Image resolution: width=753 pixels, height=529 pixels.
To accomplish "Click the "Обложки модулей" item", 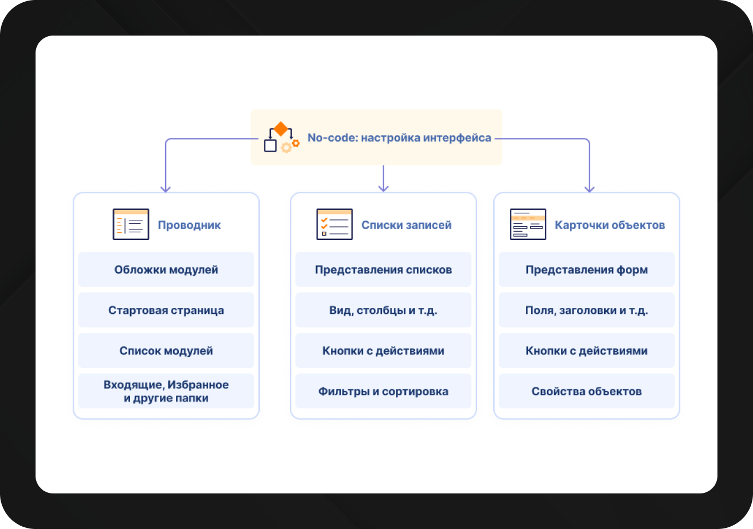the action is pos(166,270).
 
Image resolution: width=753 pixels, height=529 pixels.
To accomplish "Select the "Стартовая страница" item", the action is pos(166,310).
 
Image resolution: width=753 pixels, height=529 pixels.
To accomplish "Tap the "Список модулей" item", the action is pos(166,351).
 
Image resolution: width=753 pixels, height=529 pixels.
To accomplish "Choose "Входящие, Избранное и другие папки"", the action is pos(166,391).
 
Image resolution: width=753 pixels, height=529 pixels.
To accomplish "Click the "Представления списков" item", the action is pos(383,270).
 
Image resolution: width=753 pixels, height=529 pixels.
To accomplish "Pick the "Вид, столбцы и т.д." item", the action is pos(383,310).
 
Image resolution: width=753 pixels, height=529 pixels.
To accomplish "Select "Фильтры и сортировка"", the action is pos(383,391).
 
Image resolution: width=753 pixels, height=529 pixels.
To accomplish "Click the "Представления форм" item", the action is pos(586,270).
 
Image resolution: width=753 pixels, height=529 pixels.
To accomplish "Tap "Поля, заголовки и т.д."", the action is pos(586,310).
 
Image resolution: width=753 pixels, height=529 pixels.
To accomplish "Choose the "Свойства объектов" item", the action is pos(586,391).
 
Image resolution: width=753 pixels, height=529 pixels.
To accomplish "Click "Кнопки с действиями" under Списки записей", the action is pos(383,351).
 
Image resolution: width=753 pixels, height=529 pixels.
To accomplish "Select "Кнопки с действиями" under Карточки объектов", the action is pos(586,351).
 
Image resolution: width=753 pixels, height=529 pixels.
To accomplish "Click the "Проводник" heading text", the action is pos(189,225).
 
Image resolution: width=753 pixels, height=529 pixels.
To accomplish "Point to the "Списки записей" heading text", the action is pos(406,225).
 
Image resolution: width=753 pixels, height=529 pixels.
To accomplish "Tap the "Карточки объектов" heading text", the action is pos(610,225).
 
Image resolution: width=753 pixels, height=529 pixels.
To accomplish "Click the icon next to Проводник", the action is pos(130,224).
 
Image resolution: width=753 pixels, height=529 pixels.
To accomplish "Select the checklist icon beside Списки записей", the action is pos(334,224).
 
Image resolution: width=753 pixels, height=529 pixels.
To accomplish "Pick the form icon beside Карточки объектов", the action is pos(528,224).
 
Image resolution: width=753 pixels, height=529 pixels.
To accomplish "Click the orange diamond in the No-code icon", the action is pos(280,129).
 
